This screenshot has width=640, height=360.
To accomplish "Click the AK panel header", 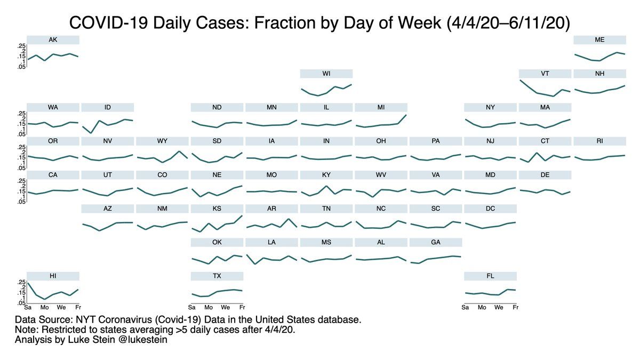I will [53, 40].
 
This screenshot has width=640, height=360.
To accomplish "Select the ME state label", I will [599, 40].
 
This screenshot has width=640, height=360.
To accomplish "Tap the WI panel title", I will [326, 74].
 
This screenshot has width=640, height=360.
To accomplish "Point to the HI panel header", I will [53, 276].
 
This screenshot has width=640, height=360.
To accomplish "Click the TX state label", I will [217, 276].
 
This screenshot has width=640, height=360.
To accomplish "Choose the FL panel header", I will [490, 276].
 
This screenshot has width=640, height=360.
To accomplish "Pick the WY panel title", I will [162, 141].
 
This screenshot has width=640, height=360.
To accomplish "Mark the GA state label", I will [435, 242].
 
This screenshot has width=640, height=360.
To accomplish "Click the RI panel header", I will [599, 141].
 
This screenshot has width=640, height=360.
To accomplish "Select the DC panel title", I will [490, 209].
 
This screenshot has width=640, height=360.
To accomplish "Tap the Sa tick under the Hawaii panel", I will [28, 308].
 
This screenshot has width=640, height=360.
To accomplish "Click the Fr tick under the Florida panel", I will [515, 308].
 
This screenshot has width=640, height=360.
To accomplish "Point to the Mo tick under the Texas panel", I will [209, 308].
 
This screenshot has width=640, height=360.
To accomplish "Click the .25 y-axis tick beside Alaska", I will [21, 46].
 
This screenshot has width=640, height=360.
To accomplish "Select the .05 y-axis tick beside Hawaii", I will [21, 303].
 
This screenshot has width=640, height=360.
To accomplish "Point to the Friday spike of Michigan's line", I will [406, 115].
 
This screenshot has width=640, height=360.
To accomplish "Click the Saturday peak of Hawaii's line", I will [28, 283].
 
